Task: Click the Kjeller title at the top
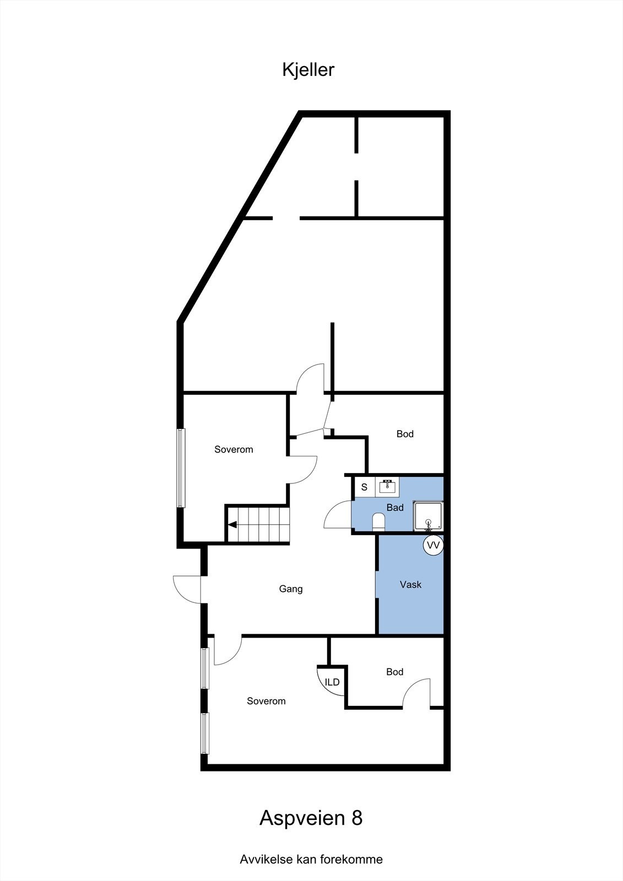point(308,70)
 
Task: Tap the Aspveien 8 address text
point(311,818)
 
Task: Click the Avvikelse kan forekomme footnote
point(311,859)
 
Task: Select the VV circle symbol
point(434,545)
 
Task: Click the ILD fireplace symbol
point(331,682)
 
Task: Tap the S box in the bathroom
point(364,487)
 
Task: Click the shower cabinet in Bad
point(429,516)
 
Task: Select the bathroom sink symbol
point(388,487)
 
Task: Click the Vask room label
point(410,585)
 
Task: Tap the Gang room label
point(291,589)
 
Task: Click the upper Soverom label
point(234,449)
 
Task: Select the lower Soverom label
point(266,701)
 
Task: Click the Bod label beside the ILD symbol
point(394,672)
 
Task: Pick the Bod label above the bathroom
point(405,434)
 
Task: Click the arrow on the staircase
point(234,525)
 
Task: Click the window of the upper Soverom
point(181,467)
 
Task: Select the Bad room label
point(395,508)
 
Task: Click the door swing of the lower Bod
point(417,693)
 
